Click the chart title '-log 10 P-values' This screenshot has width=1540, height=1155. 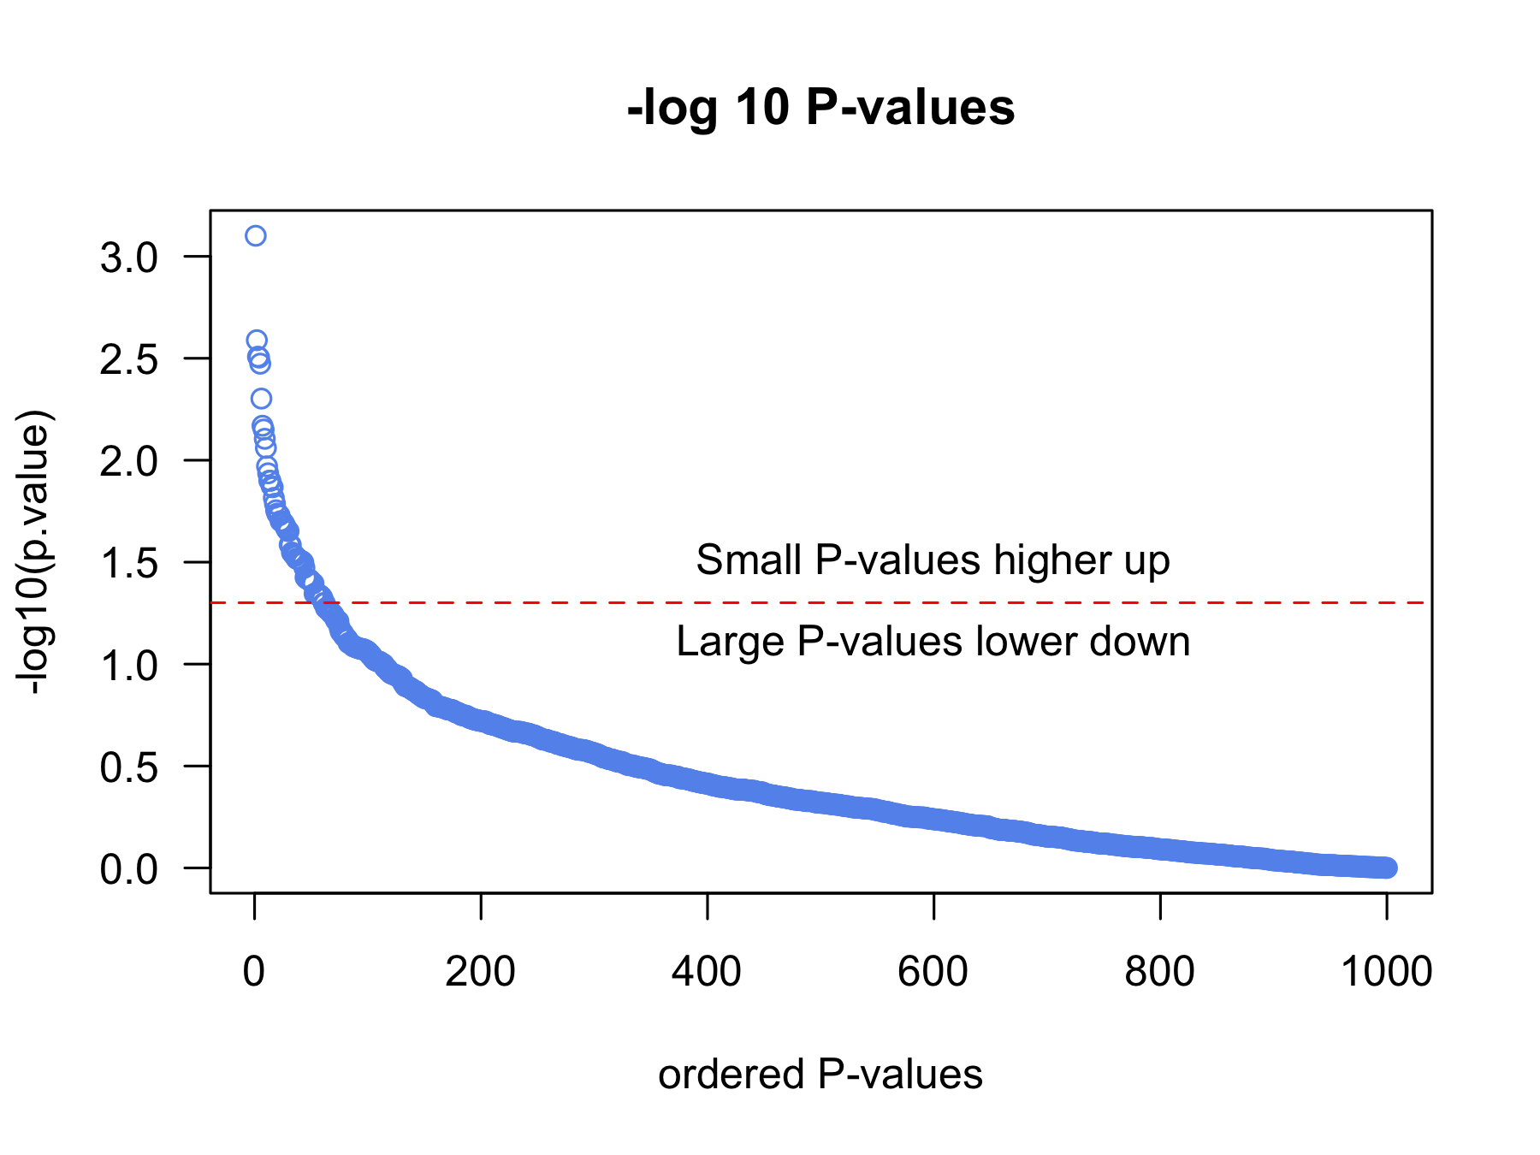coord(820,109)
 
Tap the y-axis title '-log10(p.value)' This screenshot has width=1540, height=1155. coord(36,553)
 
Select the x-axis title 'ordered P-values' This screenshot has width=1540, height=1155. coord(820,1075)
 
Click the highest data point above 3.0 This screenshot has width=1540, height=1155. coord(255,235)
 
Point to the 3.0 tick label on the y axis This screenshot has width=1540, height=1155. coord(129,258)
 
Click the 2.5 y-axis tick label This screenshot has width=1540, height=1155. coord(129,359)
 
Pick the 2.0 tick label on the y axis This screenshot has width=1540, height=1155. coord(129,461)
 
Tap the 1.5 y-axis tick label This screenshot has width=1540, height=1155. coord(129,563)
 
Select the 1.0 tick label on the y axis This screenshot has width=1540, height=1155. coord(129,665)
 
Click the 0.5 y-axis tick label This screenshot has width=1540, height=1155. coord(129,767)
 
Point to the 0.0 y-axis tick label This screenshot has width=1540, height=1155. coord(129,869)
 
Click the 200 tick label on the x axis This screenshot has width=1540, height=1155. coord(480,972)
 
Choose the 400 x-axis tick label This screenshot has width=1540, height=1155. coord(707,972)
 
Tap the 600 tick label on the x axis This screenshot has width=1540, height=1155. coord(933,972)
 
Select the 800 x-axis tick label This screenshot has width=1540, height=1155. coord(1159,972)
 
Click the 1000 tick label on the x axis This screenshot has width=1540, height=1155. coord(1386,972)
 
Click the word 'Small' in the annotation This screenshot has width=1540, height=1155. coord(749,560)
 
